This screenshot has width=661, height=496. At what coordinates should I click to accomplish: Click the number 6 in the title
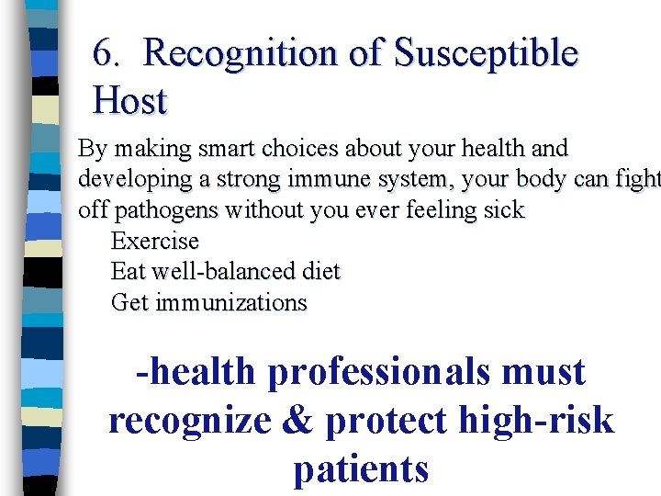point(103,54)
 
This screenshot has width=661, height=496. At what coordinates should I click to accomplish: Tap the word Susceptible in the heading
point(486,54)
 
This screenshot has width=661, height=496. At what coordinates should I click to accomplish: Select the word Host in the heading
point(129,101)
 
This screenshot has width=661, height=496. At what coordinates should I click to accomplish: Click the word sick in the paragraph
point(504,210)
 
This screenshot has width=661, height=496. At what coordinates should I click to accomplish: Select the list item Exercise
point(154,242)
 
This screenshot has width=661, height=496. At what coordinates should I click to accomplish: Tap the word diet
point(320,272)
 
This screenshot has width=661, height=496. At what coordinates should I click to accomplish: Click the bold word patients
point(361,468)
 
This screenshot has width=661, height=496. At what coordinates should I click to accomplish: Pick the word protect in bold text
point(386,421)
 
